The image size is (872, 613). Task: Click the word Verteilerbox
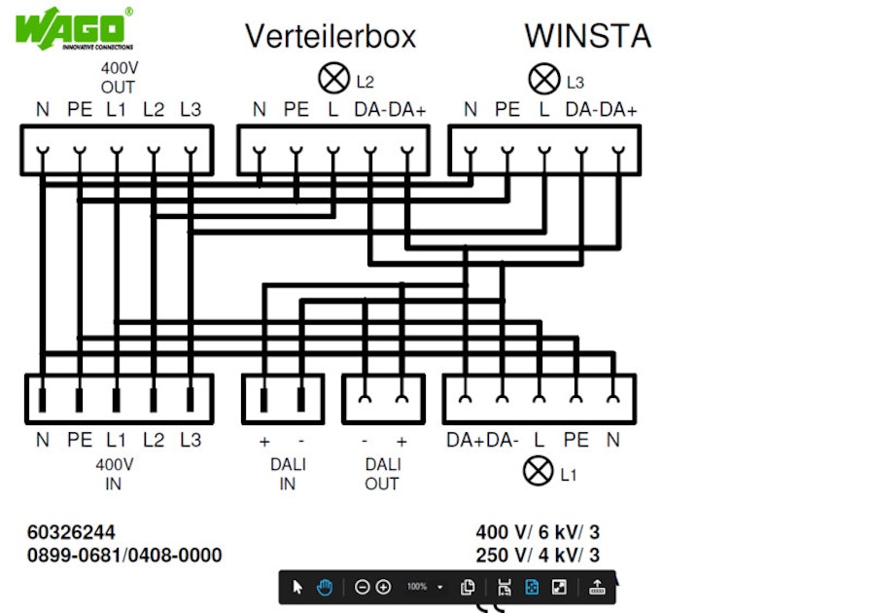click(330, 37)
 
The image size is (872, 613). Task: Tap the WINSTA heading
click(587, 36)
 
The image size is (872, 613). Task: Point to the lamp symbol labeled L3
click(543, 78)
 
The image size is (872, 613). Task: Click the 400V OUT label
click(118, 78)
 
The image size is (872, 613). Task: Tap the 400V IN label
click(117, 474)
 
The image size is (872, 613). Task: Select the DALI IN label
click(287, 474)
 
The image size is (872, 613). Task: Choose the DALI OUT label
click(382, 474)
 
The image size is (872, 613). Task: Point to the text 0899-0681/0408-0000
click(124, 556)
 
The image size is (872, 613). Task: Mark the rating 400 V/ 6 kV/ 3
click(538, 532)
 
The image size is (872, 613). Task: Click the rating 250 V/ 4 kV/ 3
click(538, 556)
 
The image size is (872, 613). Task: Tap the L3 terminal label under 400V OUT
click(191, 110)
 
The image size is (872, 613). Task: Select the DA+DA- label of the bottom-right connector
click(482, 441)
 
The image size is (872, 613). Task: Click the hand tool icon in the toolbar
click(325, 587)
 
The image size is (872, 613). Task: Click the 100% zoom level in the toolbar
click(417, 587)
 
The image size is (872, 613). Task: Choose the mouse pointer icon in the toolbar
click(297, 587)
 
